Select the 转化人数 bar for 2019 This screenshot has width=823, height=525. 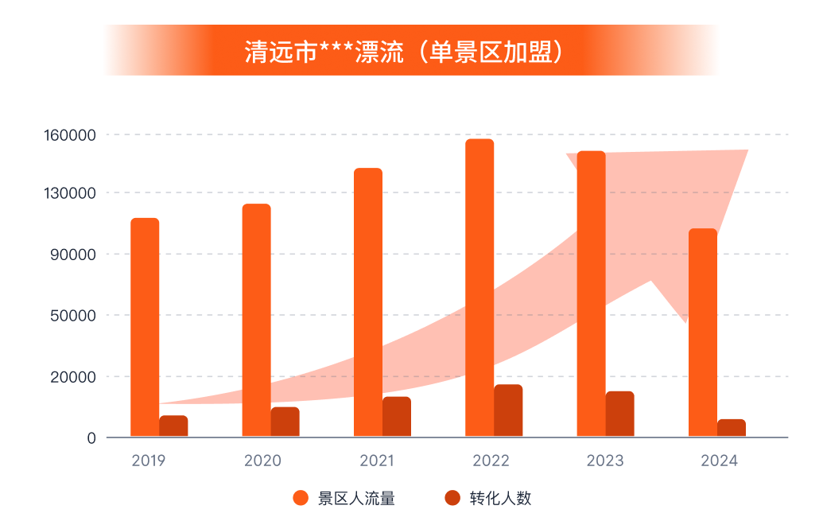coord(173,426)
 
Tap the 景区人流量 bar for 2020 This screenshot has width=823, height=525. coord(256,320)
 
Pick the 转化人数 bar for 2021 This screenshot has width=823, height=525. coord(397,416)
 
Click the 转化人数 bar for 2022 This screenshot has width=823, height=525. coord(508,410)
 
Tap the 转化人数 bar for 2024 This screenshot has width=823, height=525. coord(732,427)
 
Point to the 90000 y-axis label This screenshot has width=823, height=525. coord(73,255)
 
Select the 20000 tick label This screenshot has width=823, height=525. coord(73,377)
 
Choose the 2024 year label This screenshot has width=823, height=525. coord(719,461)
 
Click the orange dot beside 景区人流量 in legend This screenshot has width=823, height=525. coord(301,499)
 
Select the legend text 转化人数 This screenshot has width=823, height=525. coord(500,499)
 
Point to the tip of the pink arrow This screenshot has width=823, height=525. coord(747,151)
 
